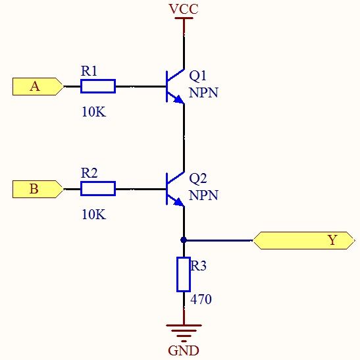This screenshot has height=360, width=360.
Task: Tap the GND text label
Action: coord(183,350)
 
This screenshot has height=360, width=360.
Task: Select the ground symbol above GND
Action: coord(184,329)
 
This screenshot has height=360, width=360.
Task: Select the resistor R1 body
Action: coord(97,86)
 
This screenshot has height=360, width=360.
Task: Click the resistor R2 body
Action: coord(97,190)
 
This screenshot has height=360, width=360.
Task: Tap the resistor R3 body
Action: coord(184,274)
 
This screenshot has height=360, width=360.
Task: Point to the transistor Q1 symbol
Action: coord(175,86)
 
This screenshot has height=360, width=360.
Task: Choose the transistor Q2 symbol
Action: coord(175,189)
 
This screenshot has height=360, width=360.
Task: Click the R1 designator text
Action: coord(89,70)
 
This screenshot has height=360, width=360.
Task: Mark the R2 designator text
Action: coord(89,173)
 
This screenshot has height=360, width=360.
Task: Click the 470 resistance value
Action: coord(201,299)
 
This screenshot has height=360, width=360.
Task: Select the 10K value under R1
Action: coord(93,112)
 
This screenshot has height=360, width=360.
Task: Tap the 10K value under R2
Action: coord(93,215)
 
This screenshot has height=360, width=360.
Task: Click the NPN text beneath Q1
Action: coord(203,93)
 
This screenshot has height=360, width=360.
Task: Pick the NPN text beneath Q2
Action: coord(203,196)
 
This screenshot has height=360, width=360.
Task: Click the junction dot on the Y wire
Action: coord(184,240)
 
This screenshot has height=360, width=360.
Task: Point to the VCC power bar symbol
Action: coord(184,19)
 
